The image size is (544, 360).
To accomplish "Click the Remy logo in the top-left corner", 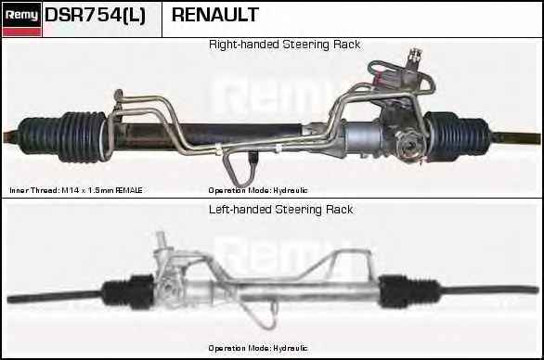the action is (x=21, y=19).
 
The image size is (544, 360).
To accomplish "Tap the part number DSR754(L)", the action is (x=95, y=15).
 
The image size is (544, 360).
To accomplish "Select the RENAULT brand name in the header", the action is (x=215, y=15).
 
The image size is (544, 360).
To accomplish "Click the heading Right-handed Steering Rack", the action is (x=284, y=45).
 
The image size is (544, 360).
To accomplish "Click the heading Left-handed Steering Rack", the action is (x=280, y=210).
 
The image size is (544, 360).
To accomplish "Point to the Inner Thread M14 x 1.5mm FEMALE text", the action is (x=76, y=190).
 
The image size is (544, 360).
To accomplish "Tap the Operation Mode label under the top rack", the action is (x=258, y=190).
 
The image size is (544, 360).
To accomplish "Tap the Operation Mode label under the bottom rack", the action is (x=258, y=348).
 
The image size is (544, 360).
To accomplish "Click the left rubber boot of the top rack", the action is (x=62, y=137).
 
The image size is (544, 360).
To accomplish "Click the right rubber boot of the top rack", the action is (x=458, y=136).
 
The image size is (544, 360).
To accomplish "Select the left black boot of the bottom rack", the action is (x=128, y=291).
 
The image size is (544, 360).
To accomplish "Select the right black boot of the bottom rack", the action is (x=408, y=291).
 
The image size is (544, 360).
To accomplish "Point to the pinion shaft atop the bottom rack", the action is (x=160, y=240).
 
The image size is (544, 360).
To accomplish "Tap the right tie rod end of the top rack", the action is (x=515, y=137).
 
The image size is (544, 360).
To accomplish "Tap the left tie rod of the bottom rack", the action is (x=56, y=296).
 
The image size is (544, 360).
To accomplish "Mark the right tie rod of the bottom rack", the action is (x=489, y=289).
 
